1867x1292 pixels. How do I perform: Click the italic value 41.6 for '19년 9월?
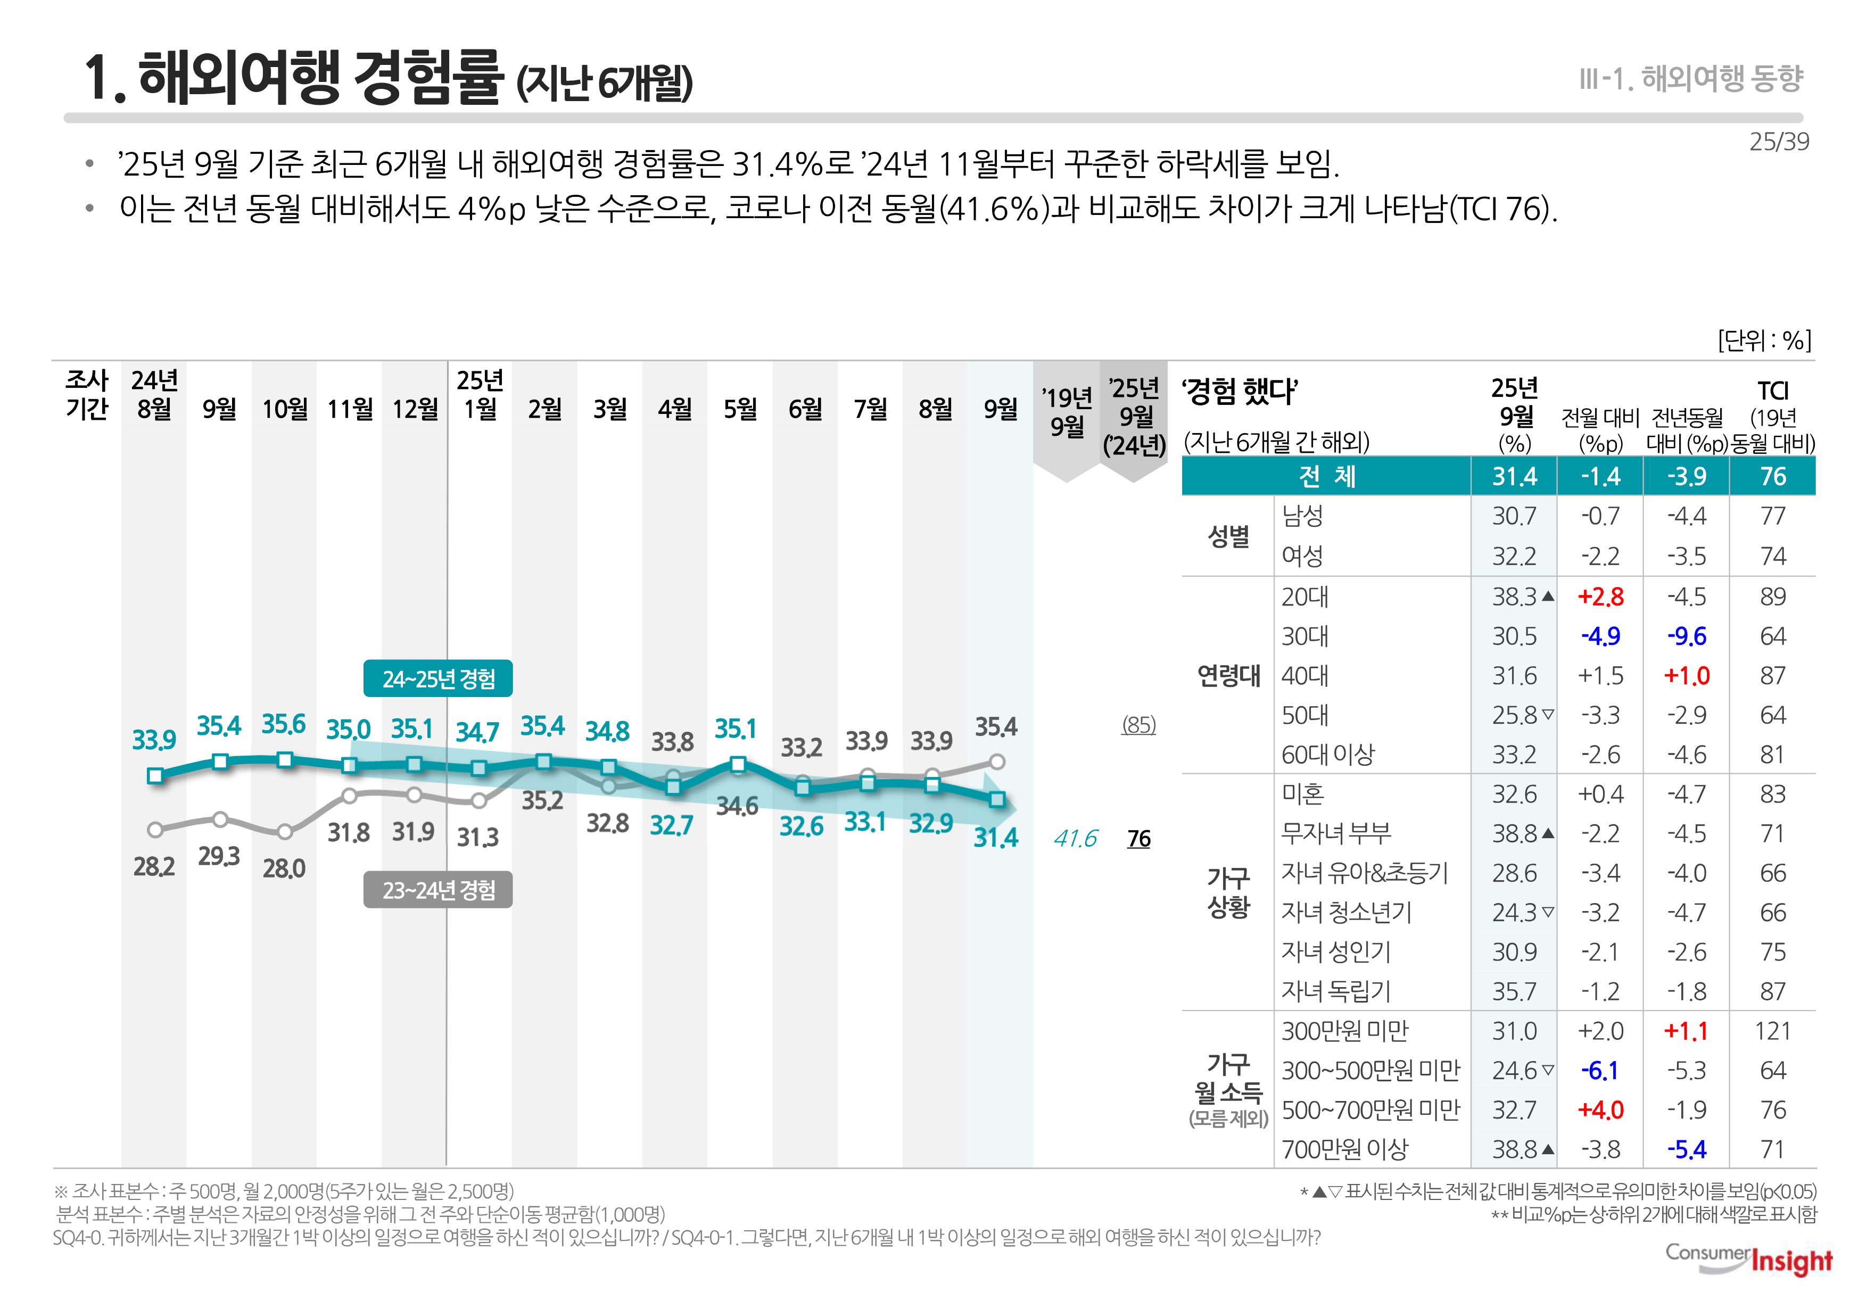(x=1075, y=839)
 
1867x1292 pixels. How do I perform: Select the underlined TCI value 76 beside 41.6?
(x=1138, y=839)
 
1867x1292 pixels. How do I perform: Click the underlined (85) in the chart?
(x=1138, y=725)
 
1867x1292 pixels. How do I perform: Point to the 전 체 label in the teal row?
(x=1326, y=476)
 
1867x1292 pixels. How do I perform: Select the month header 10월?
(x=284, y=409)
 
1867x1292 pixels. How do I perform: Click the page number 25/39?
(x=1779, y=142)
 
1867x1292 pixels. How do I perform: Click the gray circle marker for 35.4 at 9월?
(x=997, y=762)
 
